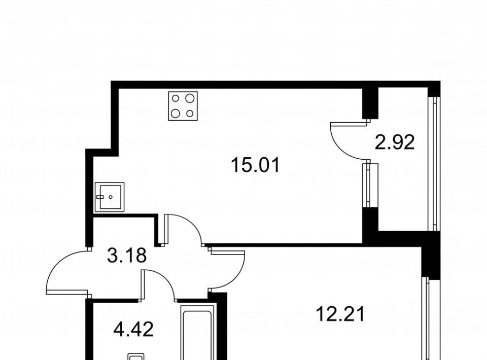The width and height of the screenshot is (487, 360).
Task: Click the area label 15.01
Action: pyautogui.click(x=255, y=165)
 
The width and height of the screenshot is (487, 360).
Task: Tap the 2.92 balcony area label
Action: pyautogui.click(x=395, y=143)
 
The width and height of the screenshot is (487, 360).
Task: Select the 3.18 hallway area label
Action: pyautogui.click(x=127, y=256)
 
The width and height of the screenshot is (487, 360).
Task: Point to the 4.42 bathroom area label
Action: pyautogui.click(x=133, y=330)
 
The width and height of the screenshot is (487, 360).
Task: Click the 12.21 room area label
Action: pyautogui.click(x=340, y=314)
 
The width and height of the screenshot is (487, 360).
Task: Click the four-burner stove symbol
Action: pyautogui.click(x=183, y=106)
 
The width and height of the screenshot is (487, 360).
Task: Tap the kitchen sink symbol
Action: pyautogui.click(x=110, y=197)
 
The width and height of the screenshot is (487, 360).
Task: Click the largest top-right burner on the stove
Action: pyautogui.click(x=190, y=99)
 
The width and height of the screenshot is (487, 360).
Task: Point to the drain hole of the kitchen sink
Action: pyautogui.click(x=111, y=197)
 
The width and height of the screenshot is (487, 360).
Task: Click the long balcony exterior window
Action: pyautogui.click(x=432, y=164)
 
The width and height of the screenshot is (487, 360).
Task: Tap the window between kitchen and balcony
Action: pyautogui.click(x=368, y=185)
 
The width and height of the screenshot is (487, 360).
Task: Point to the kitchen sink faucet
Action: pyautogui.click(x=100, y=197)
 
